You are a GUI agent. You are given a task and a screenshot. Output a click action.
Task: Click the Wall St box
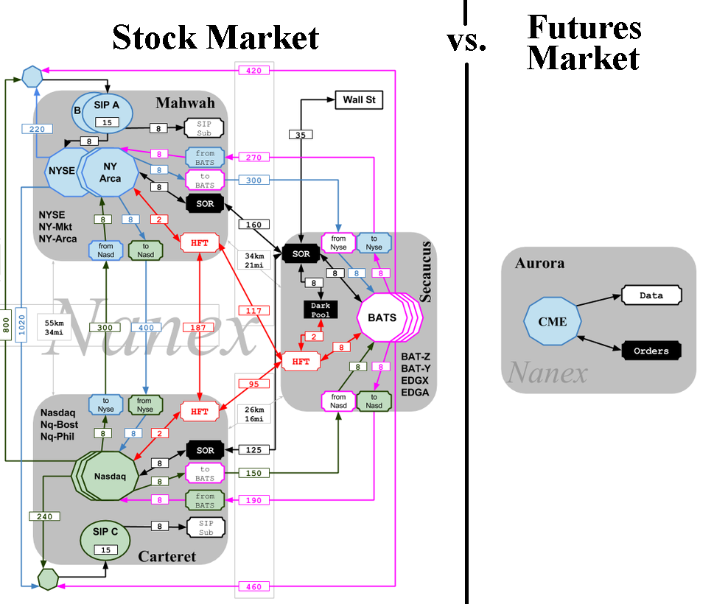359,100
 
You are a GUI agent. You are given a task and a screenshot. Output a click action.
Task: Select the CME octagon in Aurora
553,320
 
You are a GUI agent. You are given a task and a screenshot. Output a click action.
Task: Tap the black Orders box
651,351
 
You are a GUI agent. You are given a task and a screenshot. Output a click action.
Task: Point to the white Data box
651,295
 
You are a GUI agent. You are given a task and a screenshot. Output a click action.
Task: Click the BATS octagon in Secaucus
382,318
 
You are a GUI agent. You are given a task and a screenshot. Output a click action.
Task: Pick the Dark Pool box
320,309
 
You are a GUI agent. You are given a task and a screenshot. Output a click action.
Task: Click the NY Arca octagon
111,172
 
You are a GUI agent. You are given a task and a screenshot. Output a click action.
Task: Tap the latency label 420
254,71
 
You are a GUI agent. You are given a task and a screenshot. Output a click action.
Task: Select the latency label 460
254,587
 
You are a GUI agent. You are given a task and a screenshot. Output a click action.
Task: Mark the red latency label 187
199,326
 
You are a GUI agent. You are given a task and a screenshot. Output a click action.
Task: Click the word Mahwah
185,102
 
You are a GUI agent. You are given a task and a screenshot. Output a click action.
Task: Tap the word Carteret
167,556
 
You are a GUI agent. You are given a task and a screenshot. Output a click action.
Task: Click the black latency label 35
301,135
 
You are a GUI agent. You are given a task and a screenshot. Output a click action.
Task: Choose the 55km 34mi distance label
54,328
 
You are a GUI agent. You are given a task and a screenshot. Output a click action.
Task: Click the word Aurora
540,263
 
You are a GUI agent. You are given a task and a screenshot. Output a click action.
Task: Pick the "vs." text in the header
466,41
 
